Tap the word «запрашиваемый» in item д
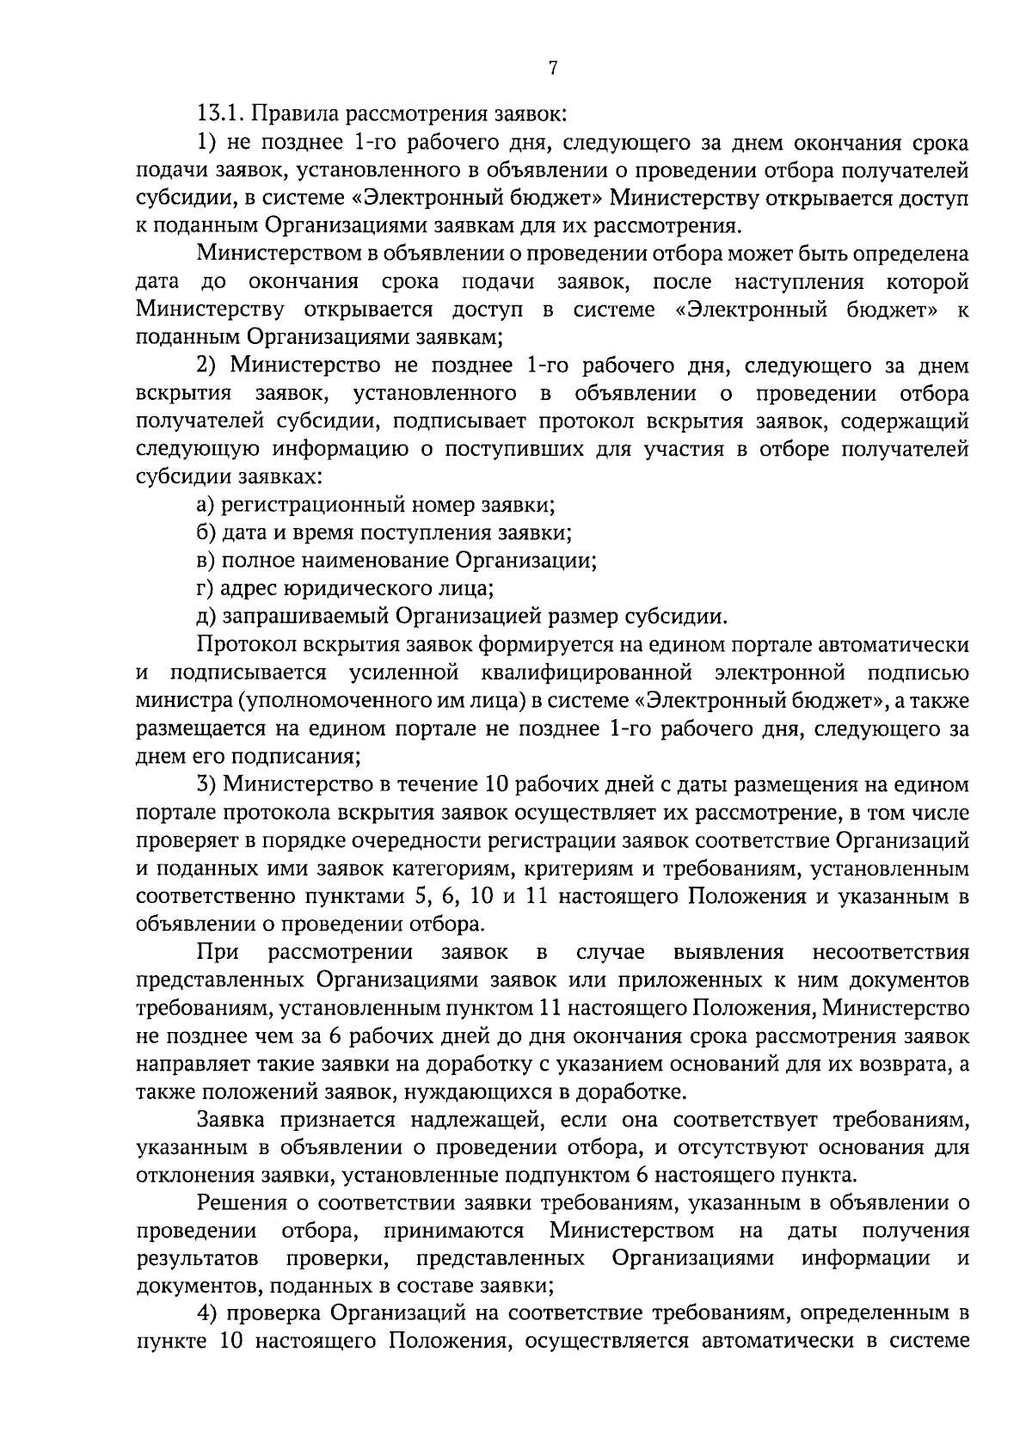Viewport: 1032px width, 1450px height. click(x=305, y=617)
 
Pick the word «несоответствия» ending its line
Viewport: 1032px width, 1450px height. click(x=890, y=953)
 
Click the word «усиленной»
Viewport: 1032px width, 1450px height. click(x=403, y=673)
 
